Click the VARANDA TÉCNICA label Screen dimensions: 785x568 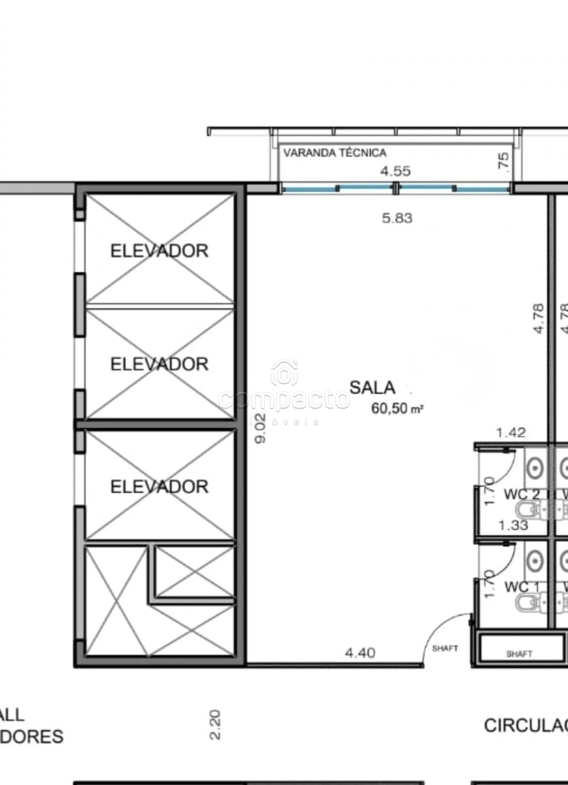point(334,153)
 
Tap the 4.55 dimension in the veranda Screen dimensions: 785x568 point(395,171)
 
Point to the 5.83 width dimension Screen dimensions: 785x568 point(397,218)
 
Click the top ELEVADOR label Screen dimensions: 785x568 point(159,251)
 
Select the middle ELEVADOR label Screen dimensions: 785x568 point(159,364)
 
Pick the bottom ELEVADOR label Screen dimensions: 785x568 point(159,487)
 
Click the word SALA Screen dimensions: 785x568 point(372,387)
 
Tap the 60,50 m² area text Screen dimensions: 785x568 point(397,409)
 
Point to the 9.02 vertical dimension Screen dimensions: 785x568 point(260,428)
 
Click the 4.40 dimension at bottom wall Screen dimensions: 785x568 point(360,653)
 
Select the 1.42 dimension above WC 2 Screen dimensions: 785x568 point(511,433)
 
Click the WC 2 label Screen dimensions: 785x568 point(521,495)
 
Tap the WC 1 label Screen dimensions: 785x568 point(521,587)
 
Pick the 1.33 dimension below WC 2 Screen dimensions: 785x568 point(513,525)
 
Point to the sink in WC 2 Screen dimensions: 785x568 point(535,469)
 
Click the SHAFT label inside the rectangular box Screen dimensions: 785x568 point(519,654)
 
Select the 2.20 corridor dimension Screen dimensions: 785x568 point(215,725)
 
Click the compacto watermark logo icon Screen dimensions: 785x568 point(284,372)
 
